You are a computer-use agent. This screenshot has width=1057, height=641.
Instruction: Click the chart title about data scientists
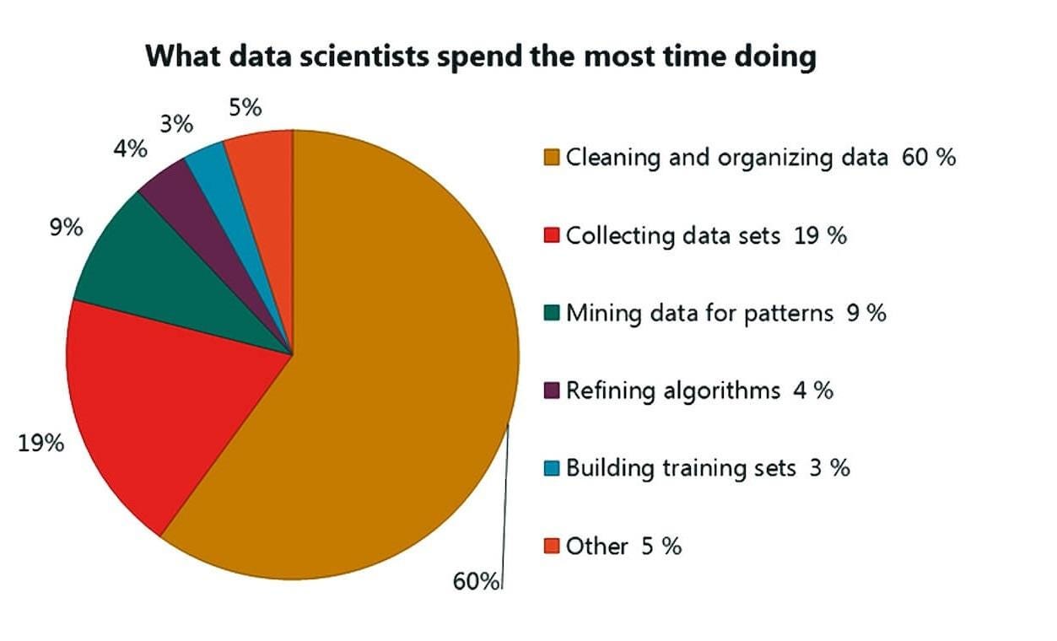pyautogui.click(x=481, y=57)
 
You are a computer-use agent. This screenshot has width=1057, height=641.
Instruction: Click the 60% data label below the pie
pyautogui.click(x=476, y=581)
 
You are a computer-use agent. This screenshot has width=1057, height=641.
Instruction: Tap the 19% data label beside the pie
pyautogui.click(x=41, y=442)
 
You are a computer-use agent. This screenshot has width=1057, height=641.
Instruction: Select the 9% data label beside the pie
pyautogui.click(x=65, y=227)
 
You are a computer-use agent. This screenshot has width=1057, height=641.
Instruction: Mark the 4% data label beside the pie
pyautogui.click(x=132, y=149)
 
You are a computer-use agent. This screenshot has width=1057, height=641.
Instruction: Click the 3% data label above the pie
pyautogui.click(x=177, y=124)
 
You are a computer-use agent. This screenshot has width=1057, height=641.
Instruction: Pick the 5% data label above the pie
pyautogui.click(x=245, y=107)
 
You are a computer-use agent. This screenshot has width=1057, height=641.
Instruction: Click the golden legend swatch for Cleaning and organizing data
pyautogui.click(x=553, y=157)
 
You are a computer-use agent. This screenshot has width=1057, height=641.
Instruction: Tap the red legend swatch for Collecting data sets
pyautogui.click(x=553, y=235)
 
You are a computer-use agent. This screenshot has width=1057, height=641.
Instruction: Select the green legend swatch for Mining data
pyautogui.click(x=553, y=313)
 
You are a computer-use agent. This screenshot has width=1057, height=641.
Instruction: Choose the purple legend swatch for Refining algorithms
pyautogui.click(x=553, y=391)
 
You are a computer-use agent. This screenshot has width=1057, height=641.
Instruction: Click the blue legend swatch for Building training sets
pyautogui.click(x=553, y=468)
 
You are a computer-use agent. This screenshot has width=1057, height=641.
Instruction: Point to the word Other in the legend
pyautogui.click(x=597, y=546)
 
